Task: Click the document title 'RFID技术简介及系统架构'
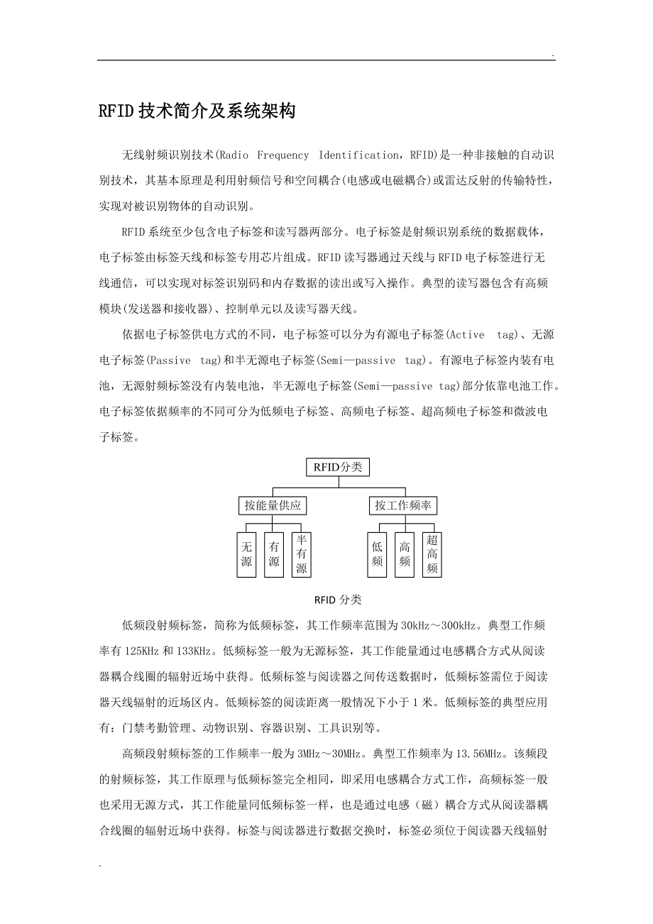pyautogui.click(x=197, y=111)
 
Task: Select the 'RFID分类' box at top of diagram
pyautogui.click(x=338, y=467)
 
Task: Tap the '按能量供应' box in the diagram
pyautogui.click(x=273, y=505)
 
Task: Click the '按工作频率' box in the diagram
pyautogui.click(x=404, y=505)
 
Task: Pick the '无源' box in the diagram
pyautogui.click(x=246, y=554)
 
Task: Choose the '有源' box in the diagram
pyautogui.click(x=273, y=554)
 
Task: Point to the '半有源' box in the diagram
pyautogui.click(x=301, y=554)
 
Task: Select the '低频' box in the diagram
pyautogui.click(x=377, y=554)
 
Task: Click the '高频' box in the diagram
pyautogui.click(x=404, y=554)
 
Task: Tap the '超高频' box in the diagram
pyautogui.click(x=432, y=554)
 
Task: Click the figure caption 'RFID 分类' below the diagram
pyautogui.click(x=338, y=600)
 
